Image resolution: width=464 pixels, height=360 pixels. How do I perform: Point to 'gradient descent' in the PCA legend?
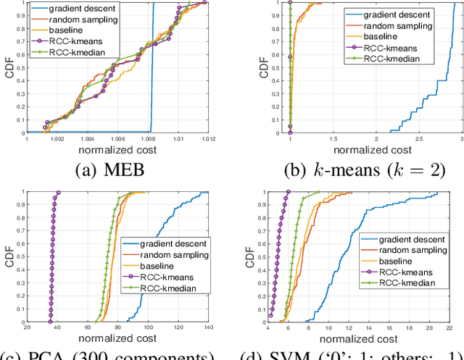175,244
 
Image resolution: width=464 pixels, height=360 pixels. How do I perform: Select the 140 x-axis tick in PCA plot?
204,328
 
